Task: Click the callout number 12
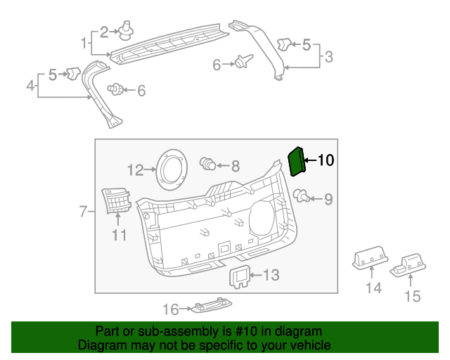(135, 169)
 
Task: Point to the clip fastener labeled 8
(208, 165)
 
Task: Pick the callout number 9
(328, 199)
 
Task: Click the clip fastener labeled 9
(301, 195)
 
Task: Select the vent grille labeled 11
(116, 202)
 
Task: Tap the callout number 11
(119, 235)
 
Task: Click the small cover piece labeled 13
(241, 276)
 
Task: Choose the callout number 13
(271, 274)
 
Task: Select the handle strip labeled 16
(212, 306)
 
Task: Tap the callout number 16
(171, 309)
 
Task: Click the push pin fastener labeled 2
(127, 29)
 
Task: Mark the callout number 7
(82, 211)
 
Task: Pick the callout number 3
(328, 56)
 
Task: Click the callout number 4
(30, 86)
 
